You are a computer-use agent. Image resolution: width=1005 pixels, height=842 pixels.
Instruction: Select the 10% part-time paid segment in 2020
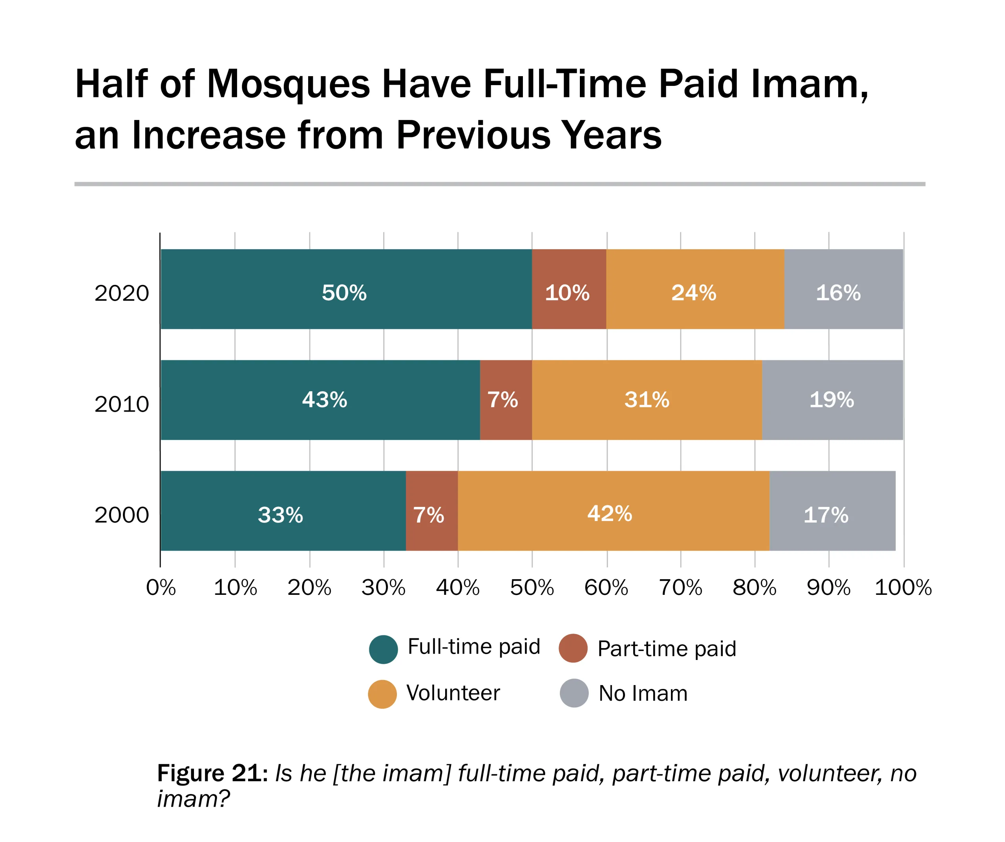[x=568, y=289]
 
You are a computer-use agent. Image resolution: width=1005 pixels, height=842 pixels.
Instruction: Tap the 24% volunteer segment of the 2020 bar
[x=695, y=289]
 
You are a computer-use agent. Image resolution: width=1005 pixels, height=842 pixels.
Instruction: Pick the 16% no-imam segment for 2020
[x=843, y=289]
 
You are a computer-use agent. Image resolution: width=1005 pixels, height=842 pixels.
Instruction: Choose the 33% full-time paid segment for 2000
[x=282, y=511]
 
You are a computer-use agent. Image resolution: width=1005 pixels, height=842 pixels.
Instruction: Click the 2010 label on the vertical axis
[x=122, y=404]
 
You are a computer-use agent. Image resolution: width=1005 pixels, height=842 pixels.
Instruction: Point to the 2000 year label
[x=122, y=515]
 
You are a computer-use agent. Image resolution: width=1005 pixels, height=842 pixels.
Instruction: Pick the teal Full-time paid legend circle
[x=383, y=649]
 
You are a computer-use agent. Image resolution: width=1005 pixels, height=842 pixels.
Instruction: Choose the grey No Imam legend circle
[x=574, y=693]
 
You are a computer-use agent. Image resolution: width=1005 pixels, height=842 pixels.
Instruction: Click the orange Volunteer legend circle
[x=382, y=694]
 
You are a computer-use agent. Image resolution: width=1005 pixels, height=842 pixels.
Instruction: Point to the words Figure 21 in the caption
[x=212, y=774]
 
